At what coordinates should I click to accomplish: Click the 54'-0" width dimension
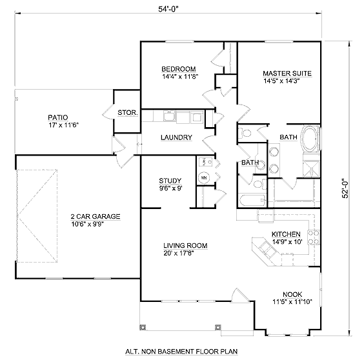tap(168, 9)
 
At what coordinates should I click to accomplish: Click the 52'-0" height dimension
tap(345, 188)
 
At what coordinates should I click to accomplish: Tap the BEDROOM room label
tap(179, 69)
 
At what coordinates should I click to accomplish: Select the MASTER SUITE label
tap(287, 74)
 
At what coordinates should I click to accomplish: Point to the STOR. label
tap(128, 113)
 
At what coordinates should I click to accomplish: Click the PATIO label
tap(58, 117)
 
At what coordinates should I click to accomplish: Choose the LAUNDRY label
tap(176, 137)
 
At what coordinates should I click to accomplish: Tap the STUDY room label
tap(170, 181)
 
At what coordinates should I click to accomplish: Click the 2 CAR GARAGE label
tap(96, 216)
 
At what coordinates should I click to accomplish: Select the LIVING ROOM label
tap(185, 245)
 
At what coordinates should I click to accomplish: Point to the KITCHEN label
tap(286, 234)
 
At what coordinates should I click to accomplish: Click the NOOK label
tap(292, 294)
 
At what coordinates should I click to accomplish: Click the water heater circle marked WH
tap(204, 178)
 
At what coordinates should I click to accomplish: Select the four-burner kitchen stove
tap(314, 237)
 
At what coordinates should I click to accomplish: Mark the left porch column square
tap(143, 327)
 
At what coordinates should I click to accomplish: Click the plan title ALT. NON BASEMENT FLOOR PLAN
tap(181, 352)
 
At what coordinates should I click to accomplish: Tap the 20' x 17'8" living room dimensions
tap(179, 253)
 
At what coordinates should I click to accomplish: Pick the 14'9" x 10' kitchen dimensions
tap(287, 242)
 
